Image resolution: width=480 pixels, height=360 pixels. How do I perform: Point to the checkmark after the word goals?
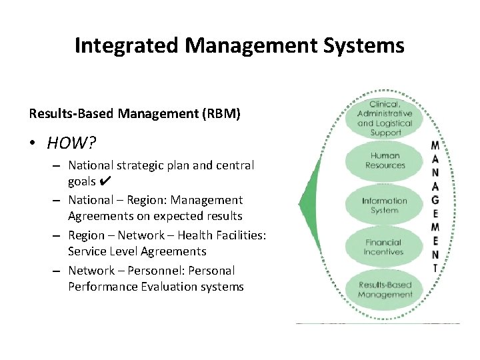click(x=104, y=181)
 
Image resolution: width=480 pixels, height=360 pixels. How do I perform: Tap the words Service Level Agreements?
click(x=137, y=251)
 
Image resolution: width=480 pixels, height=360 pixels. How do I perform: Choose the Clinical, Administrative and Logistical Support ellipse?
click(x=385, y=118)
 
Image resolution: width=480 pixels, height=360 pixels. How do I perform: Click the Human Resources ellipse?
click(x=385, y=161)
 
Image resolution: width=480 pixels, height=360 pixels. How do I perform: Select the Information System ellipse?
click(x=385, y=205)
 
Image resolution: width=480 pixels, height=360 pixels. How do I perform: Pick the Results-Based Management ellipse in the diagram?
click(x=385, y=289)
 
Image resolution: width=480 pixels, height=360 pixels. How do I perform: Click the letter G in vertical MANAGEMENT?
click(x=435, y=199)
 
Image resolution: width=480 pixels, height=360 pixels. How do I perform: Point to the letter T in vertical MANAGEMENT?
click(x=435, y=267)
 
